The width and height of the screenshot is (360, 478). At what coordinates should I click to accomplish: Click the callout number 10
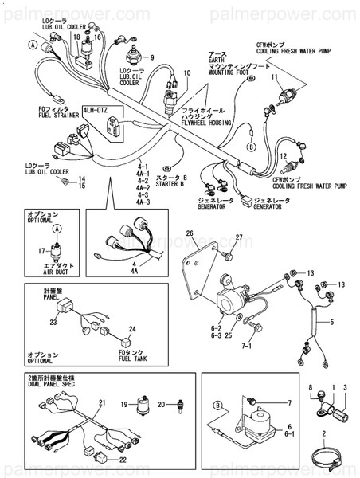(x=187, y=73)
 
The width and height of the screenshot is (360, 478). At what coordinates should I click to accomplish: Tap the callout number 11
(x=274, y=77)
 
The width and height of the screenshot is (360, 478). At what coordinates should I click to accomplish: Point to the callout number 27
(x=238, y=238)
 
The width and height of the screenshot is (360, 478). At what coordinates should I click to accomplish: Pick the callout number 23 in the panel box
(x=53, y=323)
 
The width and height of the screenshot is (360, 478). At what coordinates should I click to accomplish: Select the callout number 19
(x=125, y=406)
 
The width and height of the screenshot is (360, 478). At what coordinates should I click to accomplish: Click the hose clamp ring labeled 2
(x=325, y=456)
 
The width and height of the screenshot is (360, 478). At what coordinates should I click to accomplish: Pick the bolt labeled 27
(x=228, y=256)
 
